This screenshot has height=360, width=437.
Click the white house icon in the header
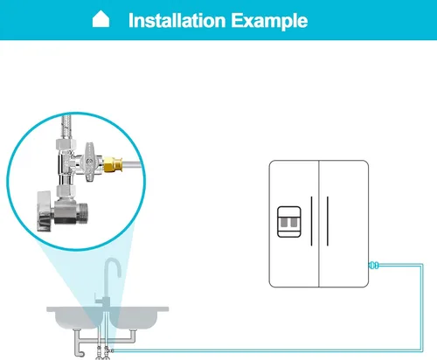click(x=101, y=19)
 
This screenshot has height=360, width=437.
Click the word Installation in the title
click(x=177, y=21)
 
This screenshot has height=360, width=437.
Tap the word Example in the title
click(x=269, y=21)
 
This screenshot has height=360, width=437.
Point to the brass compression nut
click(x=113, y=164)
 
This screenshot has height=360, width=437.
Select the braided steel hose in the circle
click(x=66, y=127)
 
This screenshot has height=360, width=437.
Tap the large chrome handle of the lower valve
click(x=45, y=211)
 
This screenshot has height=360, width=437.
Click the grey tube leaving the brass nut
click(x=132, y=164)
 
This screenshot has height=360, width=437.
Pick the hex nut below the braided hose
click(x=66, y=144)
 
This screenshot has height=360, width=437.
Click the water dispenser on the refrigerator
click(x=289, y=222)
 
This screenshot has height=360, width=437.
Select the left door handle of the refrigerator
click(x=311, y=221)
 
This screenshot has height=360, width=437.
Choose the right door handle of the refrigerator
click(x=328, y=221)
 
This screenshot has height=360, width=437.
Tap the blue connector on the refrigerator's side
click(x=374, y=266)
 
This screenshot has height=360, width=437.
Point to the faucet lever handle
click(x=99, y=300)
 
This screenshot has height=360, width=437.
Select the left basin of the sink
click(x=76, y=318)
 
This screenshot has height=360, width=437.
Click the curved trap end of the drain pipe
click(x=79, y=353)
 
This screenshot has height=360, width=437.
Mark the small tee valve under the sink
click(x=108, y=350)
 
